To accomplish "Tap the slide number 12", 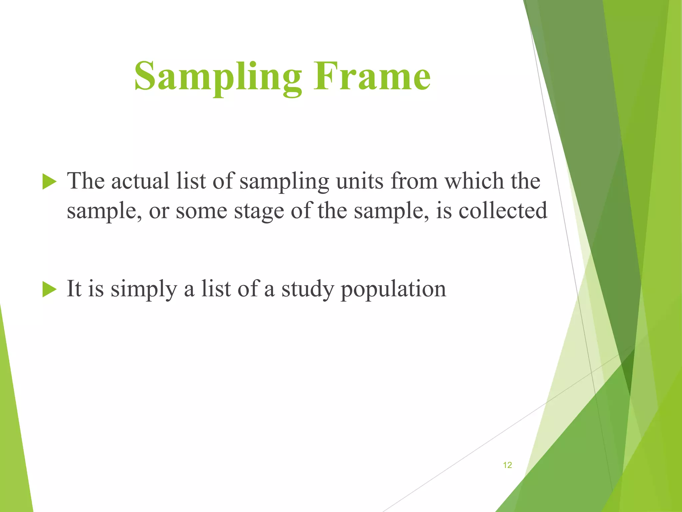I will click(x=507, y=465).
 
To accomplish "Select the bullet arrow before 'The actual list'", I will click(x=49, y=182).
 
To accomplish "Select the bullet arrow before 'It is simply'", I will click(x=49, y=290).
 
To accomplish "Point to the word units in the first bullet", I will click(x=360, y=182).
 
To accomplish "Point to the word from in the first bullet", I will click(x=414, y=182).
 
